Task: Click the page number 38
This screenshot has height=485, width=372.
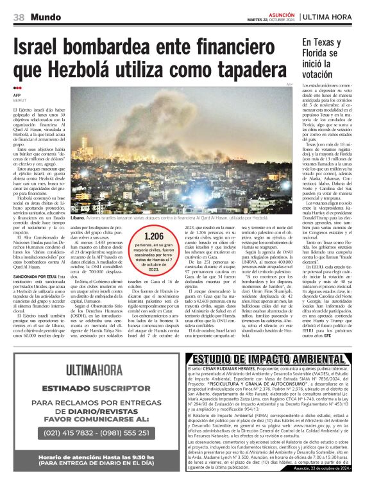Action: point(19,17)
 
